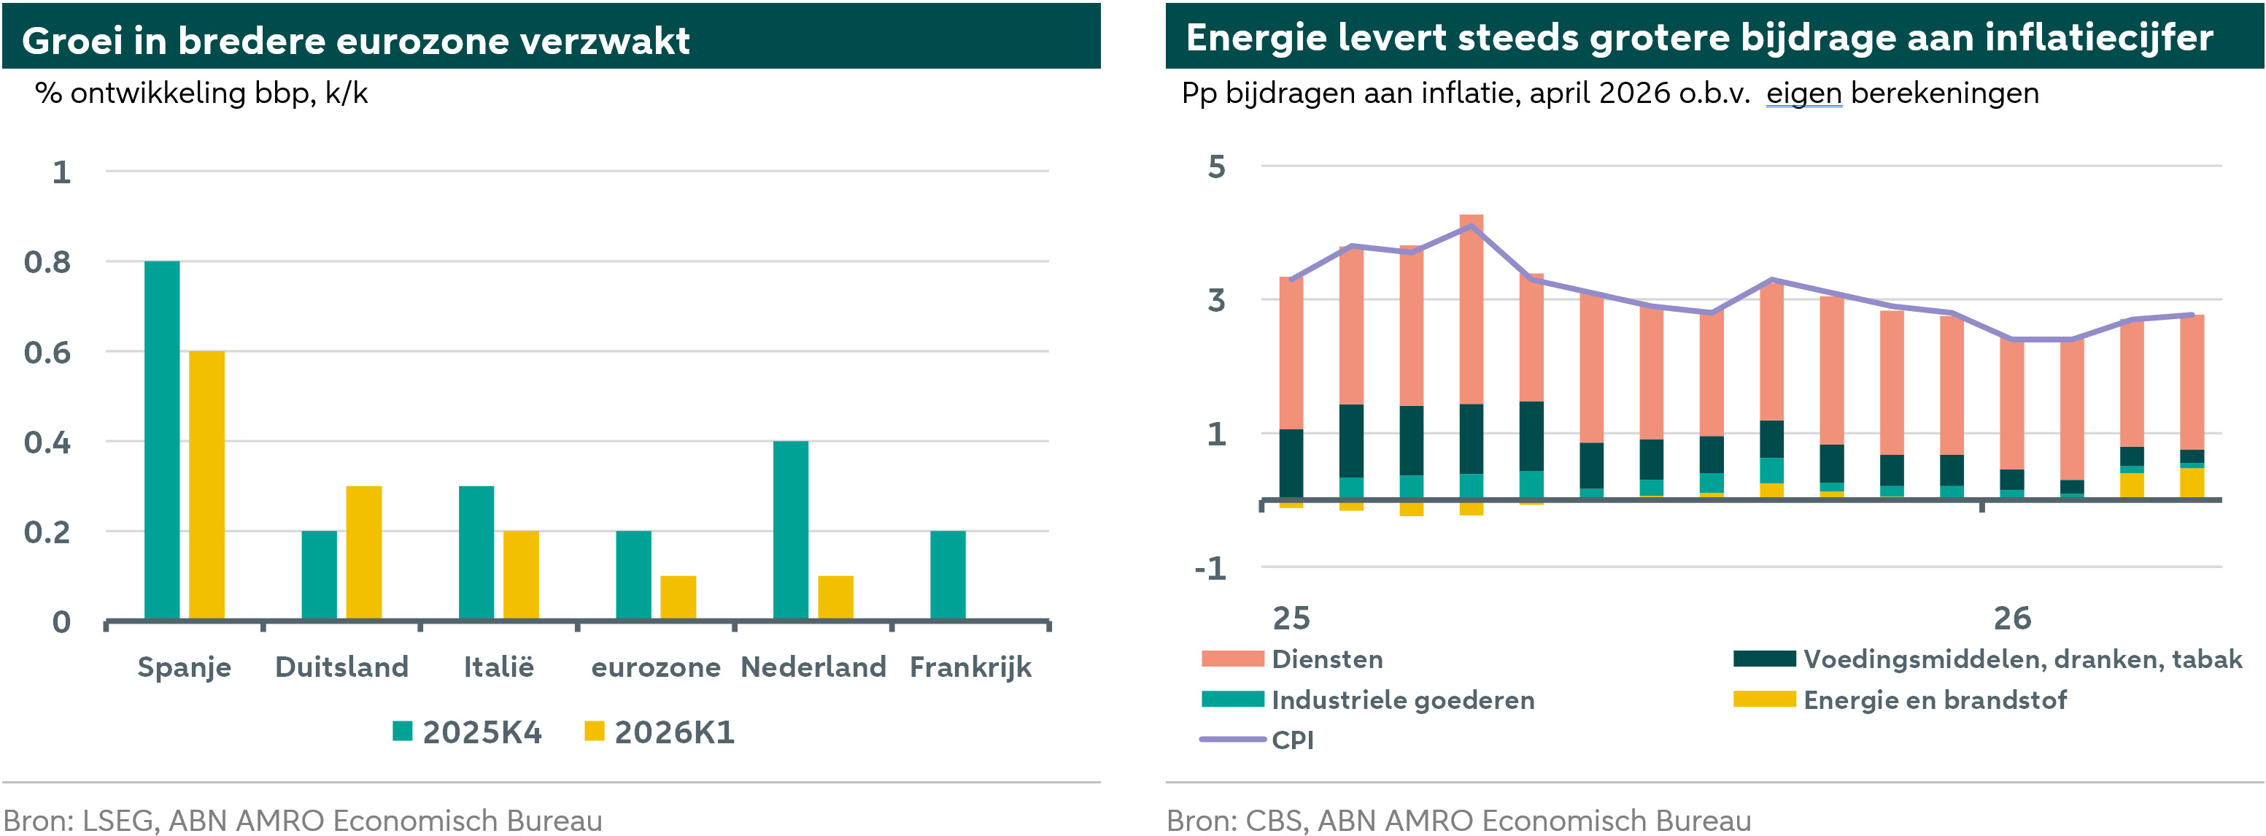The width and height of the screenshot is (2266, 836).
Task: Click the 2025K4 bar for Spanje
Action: tap(162, 440)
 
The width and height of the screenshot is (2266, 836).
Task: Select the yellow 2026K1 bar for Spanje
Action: tap(206, 485)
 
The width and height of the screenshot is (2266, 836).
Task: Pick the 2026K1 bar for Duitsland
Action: tap(363, 553)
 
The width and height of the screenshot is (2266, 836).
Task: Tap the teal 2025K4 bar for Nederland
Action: tap(790, 530)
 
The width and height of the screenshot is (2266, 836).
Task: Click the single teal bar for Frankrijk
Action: tap(948, 575)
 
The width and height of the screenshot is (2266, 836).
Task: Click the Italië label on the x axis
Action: tap(499, 667)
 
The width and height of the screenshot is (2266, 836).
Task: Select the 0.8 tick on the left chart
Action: tap(47, 262)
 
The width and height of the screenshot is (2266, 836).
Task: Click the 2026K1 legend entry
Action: tap(660, 732)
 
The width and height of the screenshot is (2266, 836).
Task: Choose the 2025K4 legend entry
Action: tap(468, 732)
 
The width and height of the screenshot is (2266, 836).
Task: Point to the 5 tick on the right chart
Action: tap(1217, 166)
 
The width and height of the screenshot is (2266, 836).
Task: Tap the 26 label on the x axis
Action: tap(2012, 618)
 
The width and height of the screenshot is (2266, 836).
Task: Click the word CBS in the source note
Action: tap(1273, 820)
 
